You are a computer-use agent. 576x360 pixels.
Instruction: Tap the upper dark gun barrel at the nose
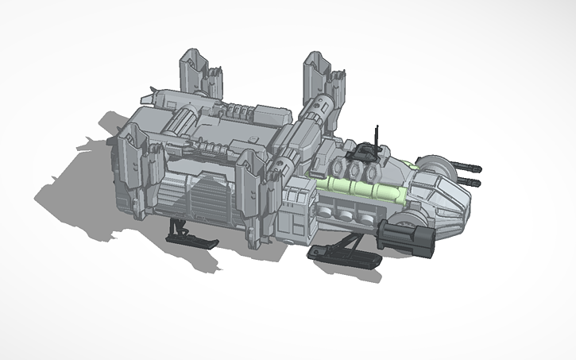(470, 168)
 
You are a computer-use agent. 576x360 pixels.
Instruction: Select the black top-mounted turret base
(367, 149)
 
